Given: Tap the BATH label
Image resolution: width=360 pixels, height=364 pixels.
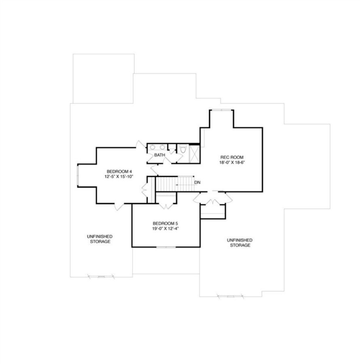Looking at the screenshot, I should click(159, 155).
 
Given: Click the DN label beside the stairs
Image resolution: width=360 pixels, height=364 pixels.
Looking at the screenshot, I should click(197, 182).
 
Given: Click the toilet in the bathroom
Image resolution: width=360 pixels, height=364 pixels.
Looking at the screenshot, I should click(182, 150).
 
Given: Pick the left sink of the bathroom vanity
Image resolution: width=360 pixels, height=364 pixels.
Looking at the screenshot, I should click(154, 147).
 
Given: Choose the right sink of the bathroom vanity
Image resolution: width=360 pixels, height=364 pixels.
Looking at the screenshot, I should click(162, 147).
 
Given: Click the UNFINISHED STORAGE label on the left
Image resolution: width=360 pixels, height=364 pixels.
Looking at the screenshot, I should click(99, 239).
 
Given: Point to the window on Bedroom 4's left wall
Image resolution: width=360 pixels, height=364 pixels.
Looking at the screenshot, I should click(78, 176).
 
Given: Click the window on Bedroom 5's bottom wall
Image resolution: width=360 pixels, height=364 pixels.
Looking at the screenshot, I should click(165, 247).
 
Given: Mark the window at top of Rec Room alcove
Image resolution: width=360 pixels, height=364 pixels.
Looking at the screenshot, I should click(221, 110).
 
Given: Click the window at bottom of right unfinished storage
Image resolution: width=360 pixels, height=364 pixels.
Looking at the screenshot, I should click(231, 296).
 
